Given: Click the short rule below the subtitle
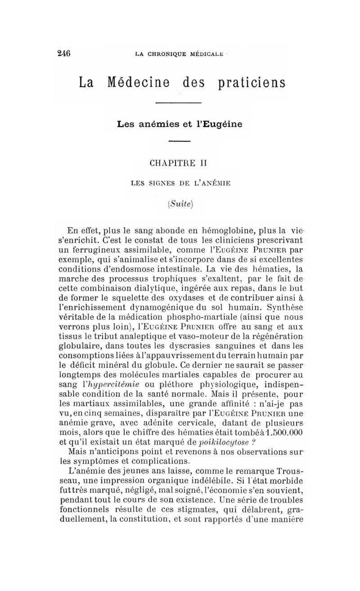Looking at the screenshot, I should [x=180, y=143].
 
